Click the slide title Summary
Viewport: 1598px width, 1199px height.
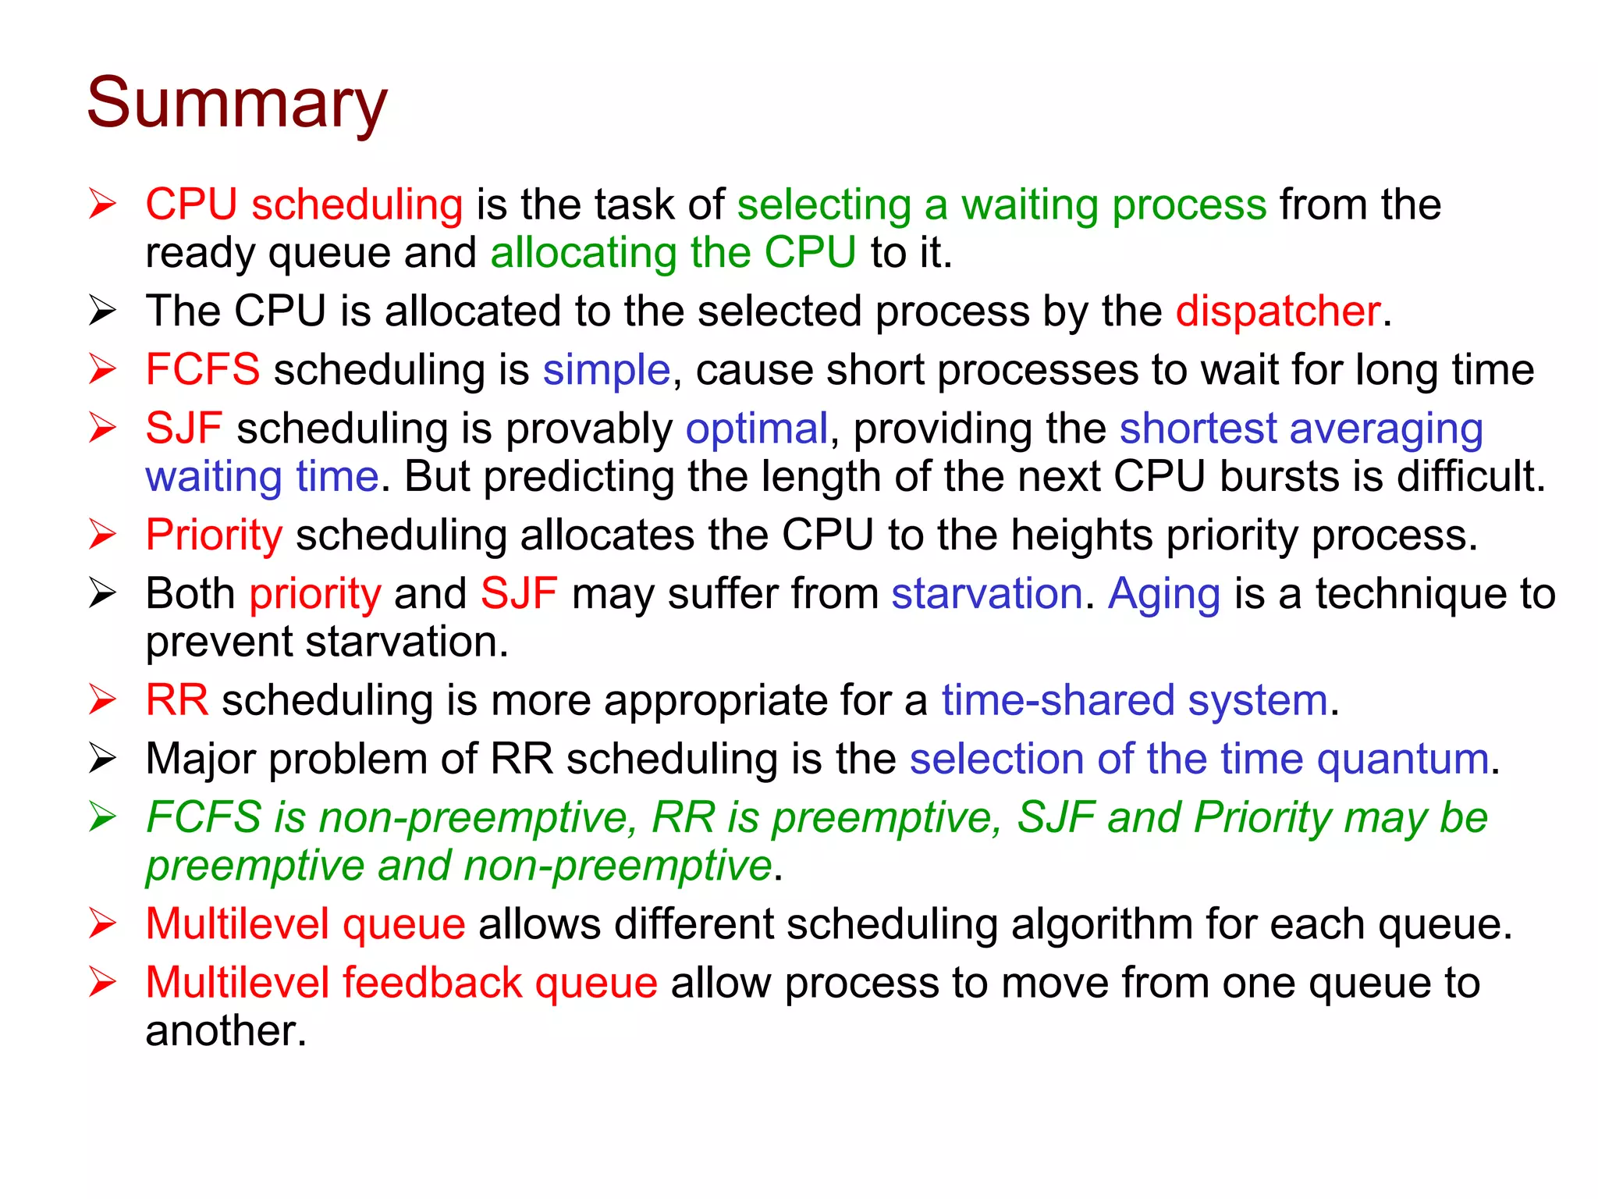tap(236, 104)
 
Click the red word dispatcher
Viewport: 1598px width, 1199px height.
tap(1278, 311)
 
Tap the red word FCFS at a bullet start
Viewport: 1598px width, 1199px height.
tap(202, 369)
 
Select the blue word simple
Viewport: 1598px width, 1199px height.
tap(606, 370)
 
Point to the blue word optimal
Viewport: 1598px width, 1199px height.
tap(756, 429)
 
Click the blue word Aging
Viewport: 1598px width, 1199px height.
tap(1164, 595)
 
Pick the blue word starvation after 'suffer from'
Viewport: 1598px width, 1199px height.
tap(987, 594)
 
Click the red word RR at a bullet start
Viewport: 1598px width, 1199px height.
tap(177, 700)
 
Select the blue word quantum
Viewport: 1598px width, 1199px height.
tap(1403, 760)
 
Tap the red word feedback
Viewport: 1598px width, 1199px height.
tap(432, 983)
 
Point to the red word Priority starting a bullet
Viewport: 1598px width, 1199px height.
tap(214, 536)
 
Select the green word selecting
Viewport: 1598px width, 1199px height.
tap(824, 205)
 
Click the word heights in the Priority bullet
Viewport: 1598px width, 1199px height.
tap(1081, 535)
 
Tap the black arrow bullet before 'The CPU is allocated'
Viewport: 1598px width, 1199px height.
tap(102, 311)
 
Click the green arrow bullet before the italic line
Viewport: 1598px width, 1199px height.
tap(102, 817)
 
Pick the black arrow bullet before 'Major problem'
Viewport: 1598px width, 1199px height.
tap(102, 759)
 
